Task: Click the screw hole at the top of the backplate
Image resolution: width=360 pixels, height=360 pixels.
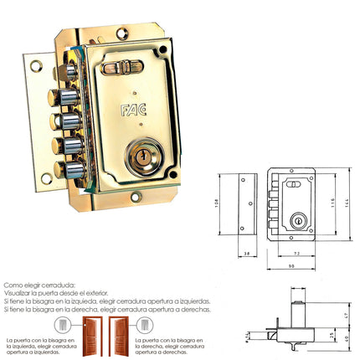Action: tap(121, 33)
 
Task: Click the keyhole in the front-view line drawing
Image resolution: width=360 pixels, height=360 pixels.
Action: tap(295, 220)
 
